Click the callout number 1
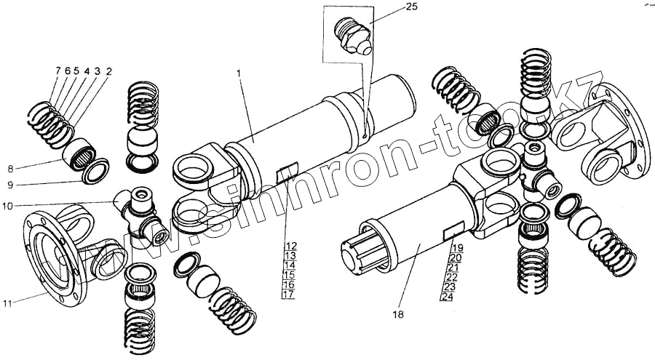239,73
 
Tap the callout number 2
108,71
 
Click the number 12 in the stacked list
290,246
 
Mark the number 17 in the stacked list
290,295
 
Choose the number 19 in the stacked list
456,249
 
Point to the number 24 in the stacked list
446,296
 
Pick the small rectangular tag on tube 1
286,172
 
